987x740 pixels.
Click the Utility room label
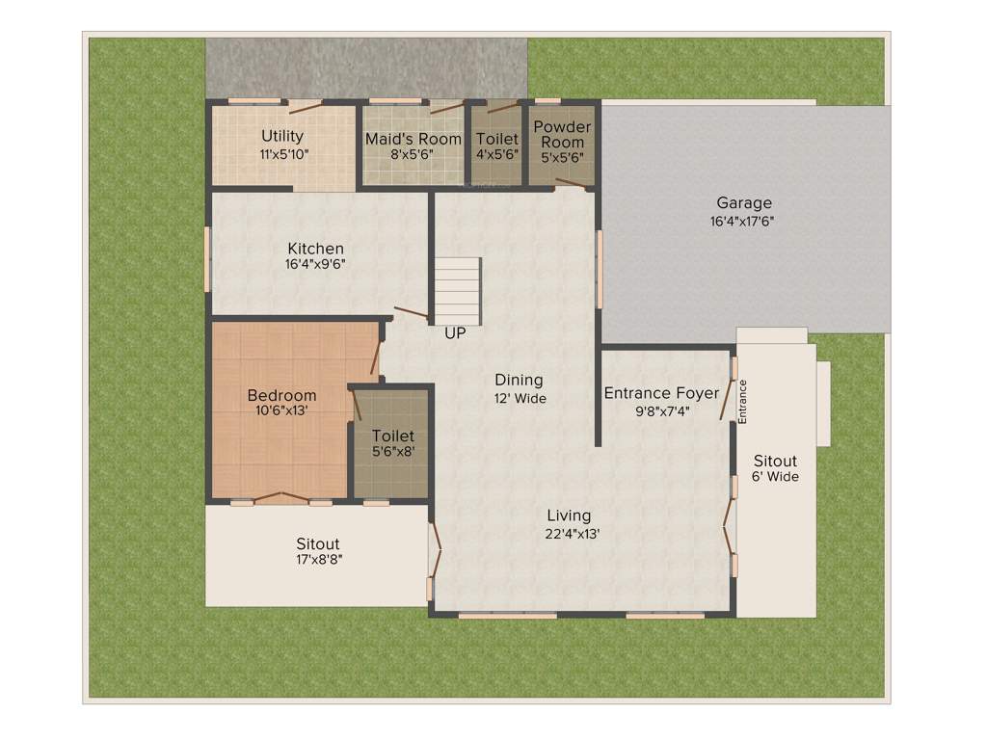pos(282,137)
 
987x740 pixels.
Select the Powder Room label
pos(562,134)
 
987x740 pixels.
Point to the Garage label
pos(743,203)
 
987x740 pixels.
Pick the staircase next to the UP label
pos(457,290)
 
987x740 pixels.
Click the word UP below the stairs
pos(454,334)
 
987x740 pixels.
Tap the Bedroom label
pos(281,396)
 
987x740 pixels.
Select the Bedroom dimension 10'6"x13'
pos(281,411)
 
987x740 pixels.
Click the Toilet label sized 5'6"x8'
pos(393,436)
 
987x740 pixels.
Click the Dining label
pos(519,380)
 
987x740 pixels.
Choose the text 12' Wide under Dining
pos(520,397)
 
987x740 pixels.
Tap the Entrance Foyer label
pos(661,393)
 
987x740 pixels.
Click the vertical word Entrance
pos(743,401)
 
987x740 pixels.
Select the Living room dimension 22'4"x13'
pos(569,532)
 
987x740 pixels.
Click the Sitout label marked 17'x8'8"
pos(318,544)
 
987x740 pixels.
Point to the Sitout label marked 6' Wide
pos(776,462)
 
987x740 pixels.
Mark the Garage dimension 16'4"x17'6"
pos(743,221)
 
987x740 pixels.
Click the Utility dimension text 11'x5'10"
pos(283,154)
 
